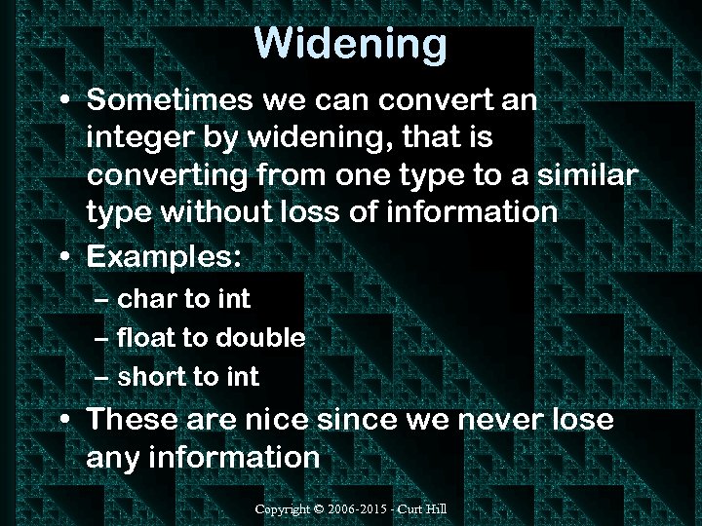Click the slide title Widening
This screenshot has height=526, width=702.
coord(350,43)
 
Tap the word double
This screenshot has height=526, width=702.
coord(260,338)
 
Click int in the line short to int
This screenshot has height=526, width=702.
coord(242,377)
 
